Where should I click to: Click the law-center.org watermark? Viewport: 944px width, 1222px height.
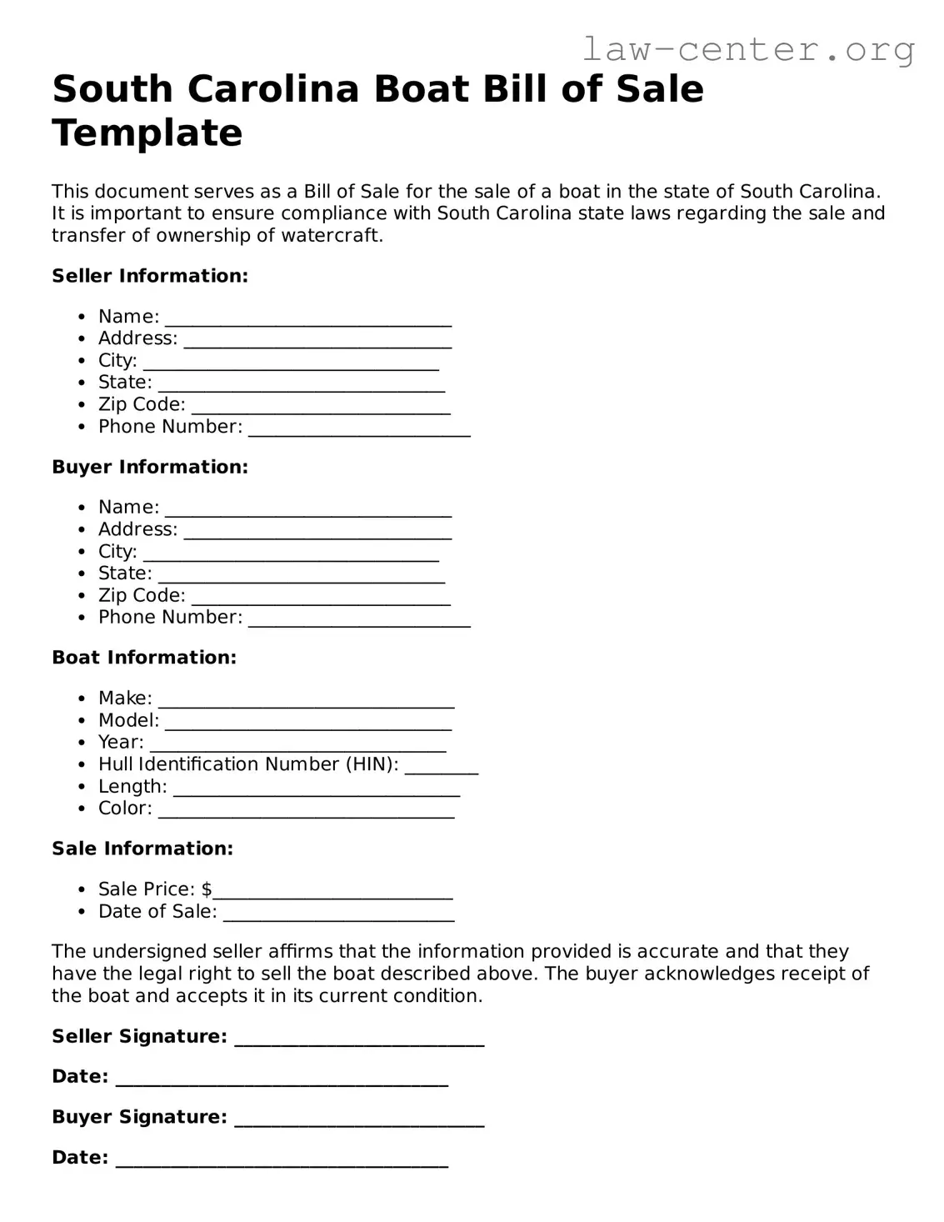(747, 50)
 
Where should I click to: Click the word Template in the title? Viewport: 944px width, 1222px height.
(147, 133)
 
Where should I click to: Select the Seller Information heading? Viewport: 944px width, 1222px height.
(150, 276)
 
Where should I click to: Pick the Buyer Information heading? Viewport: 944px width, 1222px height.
(150, 467)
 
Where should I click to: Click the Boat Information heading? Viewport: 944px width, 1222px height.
(144, 658)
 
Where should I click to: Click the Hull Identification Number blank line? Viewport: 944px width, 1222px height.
(442, 769)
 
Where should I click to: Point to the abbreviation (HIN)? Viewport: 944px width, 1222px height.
(372, 764)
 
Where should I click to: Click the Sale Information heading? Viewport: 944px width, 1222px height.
(142, 849)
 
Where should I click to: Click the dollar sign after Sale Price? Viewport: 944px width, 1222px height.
(207, 889)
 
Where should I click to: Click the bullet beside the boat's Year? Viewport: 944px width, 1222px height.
(81, 743)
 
